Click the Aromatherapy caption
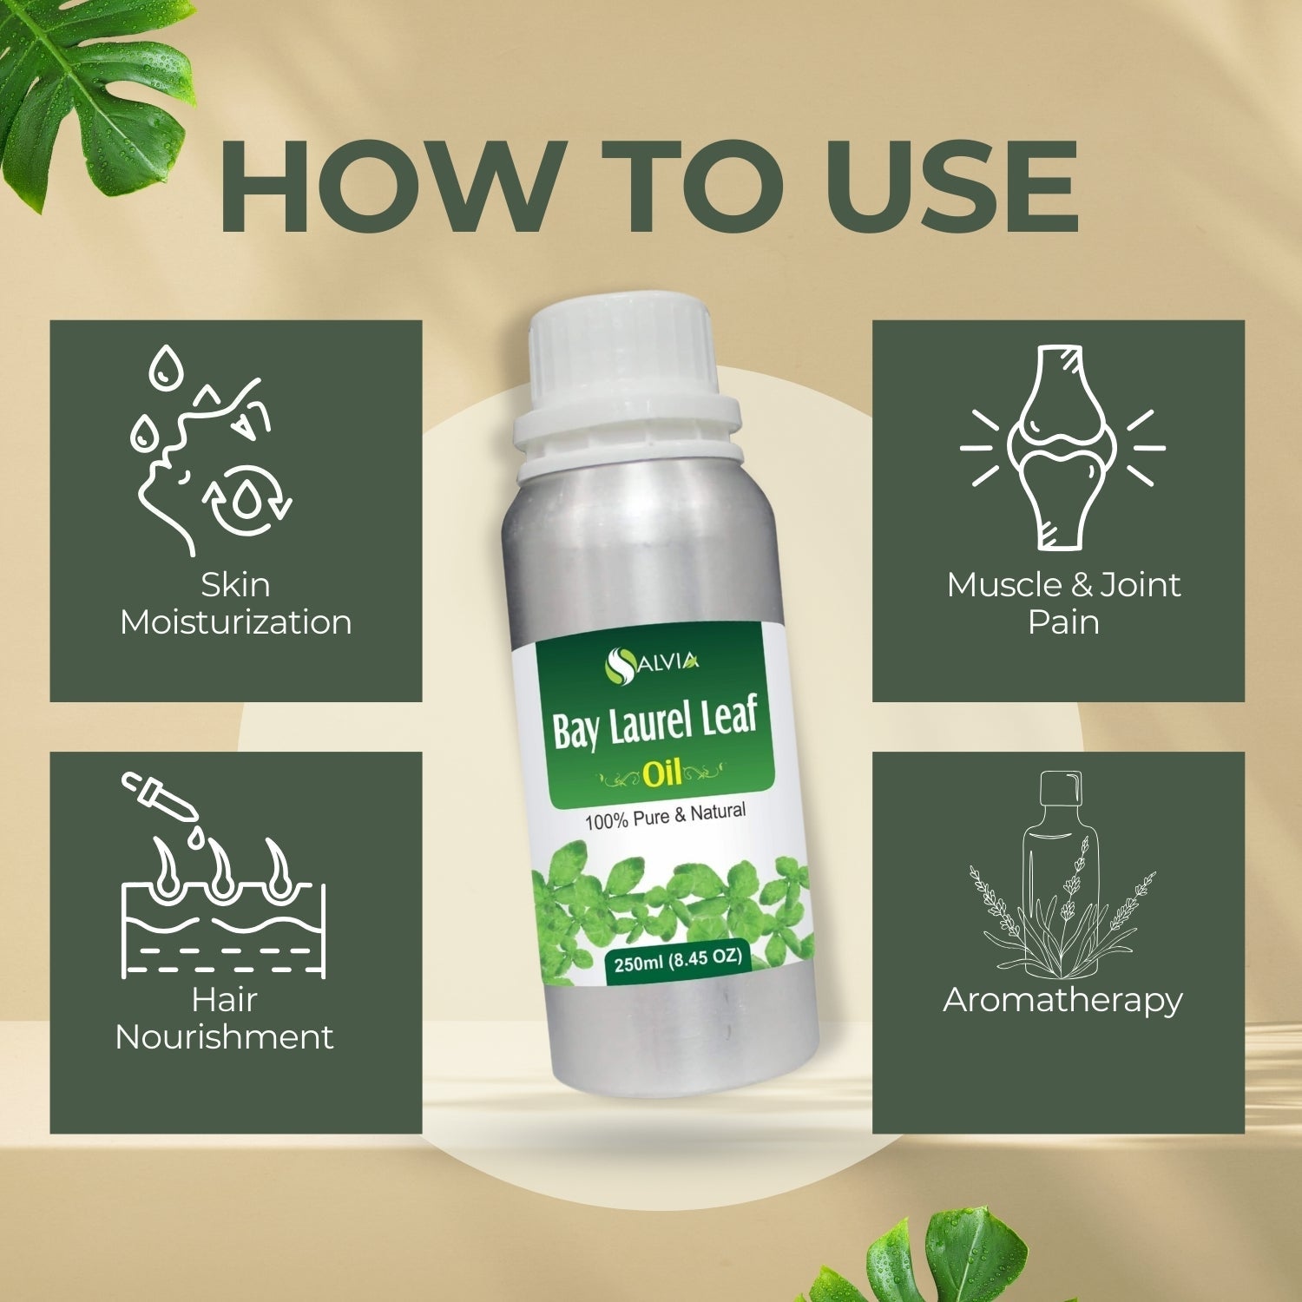point(1062,1001)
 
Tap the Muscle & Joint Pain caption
point(1063,603)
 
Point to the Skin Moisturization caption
point(236,603)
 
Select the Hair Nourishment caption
point(225,1018)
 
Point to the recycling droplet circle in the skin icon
point(248,499)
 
